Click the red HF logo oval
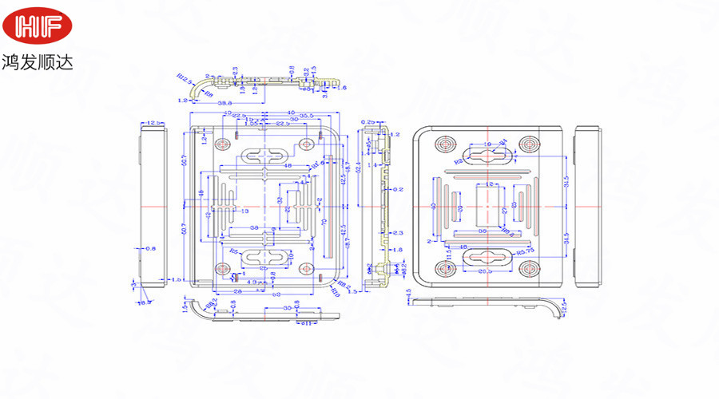pos(37,26)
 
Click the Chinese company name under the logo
pos(38,61)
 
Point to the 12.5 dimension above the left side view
pos(155,122)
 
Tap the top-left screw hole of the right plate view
pos(446,144)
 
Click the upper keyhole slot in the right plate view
pos(487,154)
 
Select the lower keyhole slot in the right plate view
pos(487,259)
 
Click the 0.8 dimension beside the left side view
pos(151,248)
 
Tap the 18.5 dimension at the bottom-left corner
pos(144,302)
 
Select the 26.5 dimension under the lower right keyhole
pos(485,271)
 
